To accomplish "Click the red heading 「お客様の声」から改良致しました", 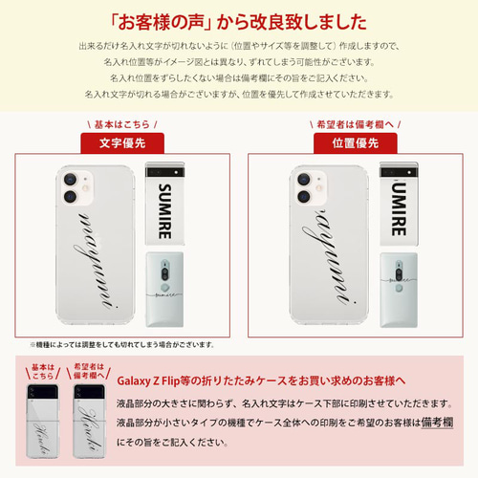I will (239, 22).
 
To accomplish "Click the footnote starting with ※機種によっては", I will (120, 343).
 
